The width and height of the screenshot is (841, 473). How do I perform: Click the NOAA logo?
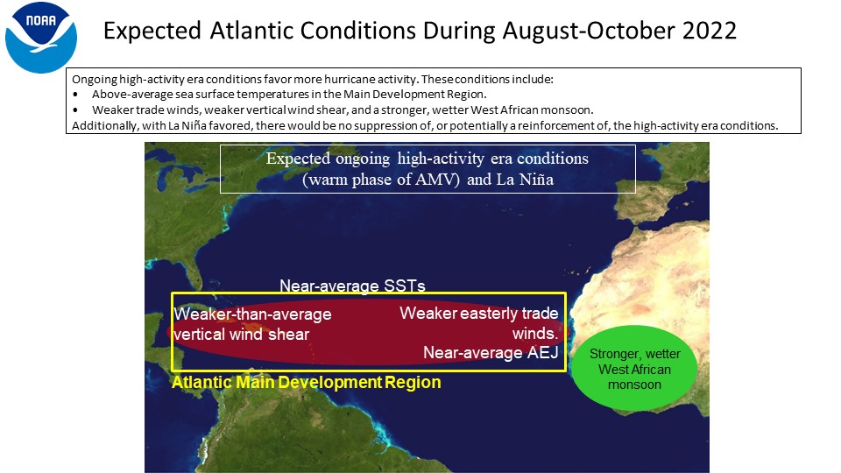point(41,38)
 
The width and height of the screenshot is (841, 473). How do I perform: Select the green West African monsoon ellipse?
point(634,369)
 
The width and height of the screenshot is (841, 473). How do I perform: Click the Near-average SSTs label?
point(352,286)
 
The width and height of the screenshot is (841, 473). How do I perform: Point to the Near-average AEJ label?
point(491,352)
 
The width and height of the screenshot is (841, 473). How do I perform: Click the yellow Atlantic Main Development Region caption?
point(307,383)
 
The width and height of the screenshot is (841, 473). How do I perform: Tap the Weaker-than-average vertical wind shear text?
point(252,324)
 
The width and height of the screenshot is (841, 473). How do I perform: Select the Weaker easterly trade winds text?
point(479,323)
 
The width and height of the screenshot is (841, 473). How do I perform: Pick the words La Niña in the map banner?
point(525,179)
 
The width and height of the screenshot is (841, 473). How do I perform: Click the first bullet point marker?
point(75,95)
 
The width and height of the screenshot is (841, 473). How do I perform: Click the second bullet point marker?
point(75,110)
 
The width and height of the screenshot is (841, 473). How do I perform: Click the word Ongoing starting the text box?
point(95,80)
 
